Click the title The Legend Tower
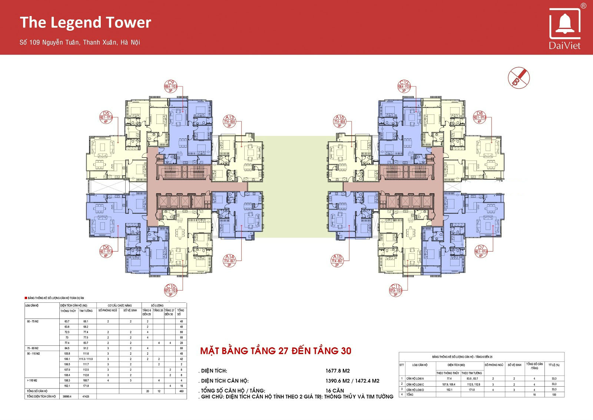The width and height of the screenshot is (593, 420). coord(85,22)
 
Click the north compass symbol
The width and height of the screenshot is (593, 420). coord(519,78)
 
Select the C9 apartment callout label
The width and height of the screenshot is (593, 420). coord(170,86)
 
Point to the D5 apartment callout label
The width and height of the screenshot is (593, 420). coord(106,117)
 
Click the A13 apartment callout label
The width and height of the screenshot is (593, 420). coord(229,121)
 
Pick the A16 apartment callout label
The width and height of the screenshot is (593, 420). coord(339,121)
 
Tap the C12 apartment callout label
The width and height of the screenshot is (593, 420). coord(404,86)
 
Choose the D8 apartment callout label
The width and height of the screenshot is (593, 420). coord(480,117)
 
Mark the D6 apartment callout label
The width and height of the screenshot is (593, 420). coord(106,251)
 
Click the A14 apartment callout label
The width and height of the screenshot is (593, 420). coord(229,260)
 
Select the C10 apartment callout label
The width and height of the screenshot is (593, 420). coord(170,290)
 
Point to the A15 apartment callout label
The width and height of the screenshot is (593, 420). coord(337,260)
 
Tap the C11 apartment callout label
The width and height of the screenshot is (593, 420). coord(395,290)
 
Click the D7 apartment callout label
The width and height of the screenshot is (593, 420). coord(481,251)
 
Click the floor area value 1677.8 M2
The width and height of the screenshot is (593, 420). coord(337,371)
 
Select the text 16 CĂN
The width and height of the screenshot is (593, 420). coord(335,391)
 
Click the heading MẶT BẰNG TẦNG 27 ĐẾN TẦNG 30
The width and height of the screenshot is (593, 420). coord(275,351)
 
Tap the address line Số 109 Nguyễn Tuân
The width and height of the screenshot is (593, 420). coord(80,42)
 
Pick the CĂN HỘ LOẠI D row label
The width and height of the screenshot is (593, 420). coord(415,390)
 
